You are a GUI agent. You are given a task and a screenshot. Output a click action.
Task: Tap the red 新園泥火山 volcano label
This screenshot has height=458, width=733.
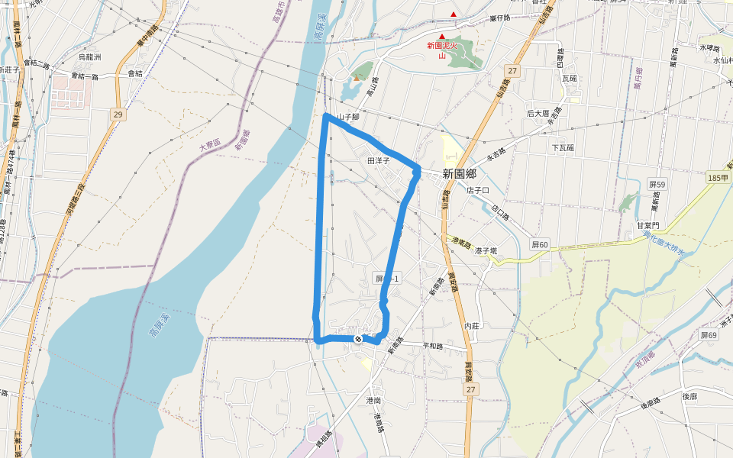click(441, 50)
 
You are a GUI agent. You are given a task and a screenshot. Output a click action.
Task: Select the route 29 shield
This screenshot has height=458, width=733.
click(117, 114)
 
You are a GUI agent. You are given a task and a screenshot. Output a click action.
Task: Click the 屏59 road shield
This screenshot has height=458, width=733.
click(657, 184)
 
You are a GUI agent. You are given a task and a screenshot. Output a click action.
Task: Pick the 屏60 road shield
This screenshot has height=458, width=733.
click(539, 245)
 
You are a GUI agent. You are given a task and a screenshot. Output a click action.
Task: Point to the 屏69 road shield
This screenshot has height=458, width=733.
click(709, 335)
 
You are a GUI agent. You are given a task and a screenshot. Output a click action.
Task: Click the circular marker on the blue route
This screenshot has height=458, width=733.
click(358, 337)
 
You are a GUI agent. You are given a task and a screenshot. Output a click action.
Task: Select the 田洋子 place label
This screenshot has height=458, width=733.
click(379, 161)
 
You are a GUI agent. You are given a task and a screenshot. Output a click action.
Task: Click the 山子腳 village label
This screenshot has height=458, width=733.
click(347, 117)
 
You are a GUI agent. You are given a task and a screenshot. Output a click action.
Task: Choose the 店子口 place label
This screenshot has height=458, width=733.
click(477, 190)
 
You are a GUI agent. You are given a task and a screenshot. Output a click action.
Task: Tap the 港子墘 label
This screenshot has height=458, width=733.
click(486, 250)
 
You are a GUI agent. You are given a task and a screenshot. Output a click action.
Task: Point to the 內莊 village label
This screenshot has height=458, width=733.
click(473, 326)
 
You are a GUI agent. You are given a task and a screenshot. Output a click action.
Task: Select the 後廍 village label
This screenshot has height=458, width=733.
click(689, 396)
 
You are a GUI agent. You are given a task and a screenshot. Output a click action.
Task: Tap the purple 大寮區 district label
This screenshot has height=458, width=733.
click(210, 144)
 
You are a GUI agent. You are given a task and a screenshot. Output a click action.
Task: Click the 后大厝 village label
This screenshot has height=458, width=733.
click(538, 114)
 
